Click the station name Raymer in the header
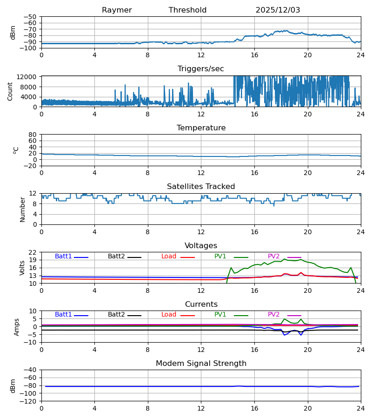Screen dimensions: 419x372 pyautogui.click(x=117, y=10)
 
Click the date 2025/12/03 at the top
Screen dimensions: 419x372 pyautogui.click(x=278, y=10)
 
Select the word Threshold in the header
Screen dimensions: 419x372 pyautogui.click(x=187, y=10)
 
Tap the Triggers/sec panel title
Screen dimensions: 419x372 pyautogui.click(x=200, y=69)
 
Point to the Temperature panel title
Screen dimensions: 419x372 pyautogui.click(x=201, y=128)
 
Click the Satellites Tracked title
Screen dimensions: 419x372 pyautogui.click(x=201, y=187)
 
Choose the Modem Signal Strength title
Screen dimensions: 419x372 pyautogui.click(x=201, y=364)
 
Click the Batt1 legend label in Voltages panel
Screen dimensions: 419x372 pyautogui.click(x=63, y=257)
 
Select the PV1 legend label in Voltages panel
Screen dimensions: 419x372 pyautogui.click(x=220, y=257)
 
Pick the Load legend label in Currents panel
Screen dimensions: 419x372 pyautogui.click(x=169, y=315)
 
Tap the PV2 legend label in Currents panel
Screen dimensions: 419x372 pyautogui.click(x=273, y=315)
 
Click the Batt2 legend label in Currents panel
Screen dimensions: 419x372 pyautogui.click(x=116, y=315)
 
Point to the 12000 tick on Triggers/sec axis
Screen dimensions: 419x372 pyautogui.click(x=28, y=77)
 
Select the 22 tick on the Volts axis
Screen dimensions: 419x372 pyautogui.click(x=33, y=252)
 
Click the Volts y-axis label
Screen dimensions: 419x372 pyautogui.click(x=23, y=268)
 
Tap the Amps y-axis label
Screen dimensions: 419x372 pyautogui.click(x=17, y=327)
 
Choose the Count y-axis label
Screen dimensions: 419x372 pyautogui.click(x=10, y=91)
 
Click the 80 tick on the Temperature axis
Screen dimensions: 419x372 pyautogui.click(x=33, y=135)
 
